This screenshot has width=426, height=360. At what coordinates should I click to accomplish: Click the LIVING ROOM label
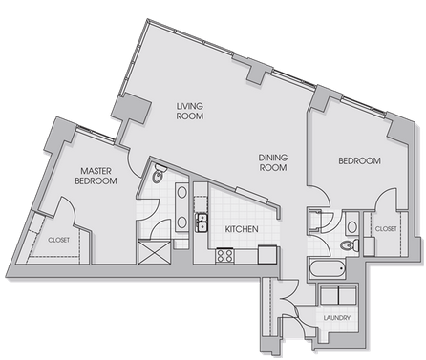pyautogui.click(x=190, y=111)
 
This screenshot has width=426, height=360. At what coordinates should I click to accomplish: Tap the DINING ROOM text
pyautogui.click(x=273, y=162)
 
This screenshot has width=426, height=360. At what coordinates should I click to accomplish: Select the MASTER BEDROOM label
pyautogui.click(x=96, y=176)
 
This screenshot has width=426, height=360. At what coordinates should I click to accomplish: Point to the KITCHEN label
pyautogui.click(x=242, y=229)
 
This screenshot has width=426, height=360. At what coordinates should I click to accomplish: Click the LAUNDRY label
pyautogui.click(x=337, y=318)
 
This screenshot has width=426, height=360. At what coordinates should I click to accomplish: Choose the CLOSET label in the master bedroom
pyautogui.click(x=59, y=240)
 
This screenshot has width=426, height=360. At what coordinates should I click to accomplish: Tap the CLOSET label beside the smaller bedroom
pyautogui.click(x=386, y=229)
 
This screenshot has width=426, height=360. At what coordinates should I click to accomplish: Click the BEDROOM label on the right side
pyautogui.click(x=359, y=160)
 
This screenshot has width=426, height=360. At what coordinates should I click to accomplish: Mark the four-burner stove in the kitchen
pyautogui.click(x=224, y=256)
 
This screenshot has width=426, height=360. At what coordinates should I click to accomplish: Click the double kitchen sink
pyautogui.click(x=202, y=222)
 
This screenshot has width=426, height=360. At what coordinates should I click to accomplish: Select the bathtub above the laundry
pyautogui.click(x=328, y=268)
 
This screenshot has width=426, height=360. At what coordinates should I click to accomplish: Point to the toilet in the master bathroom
pyautogui.click(x=158, y=174)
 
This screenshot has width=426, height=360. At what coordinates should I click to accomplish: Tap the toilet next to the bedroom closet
pyautogui.click(x=350, y=245)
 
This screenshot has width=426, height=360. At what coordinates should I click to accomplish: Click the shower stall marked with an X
pyautogui.click(x=155, y=252)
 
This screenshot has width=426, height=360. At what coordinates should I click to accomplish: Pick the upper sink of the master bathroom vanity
pyautogui.click(x=181, y=193)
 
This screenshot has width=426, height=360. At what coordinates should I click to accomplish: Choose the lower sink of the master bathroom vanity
pyautogui.click(x=181, y=222)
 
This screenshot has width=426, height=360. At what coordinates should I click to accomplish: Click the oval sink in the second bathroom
pyautogui.click(x=352, y=227)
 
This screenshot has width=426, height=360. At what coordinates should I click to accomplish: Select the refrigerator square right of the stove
pyautogui.click(x=267, y=254)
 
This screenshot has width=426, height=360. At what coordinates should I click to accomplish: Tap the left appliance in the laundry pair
pyautogui.click(x=330, y=295)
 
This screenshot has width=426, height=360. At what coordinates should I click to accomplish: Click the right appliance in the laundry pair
pyautogui.click(x=348, y=295)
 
